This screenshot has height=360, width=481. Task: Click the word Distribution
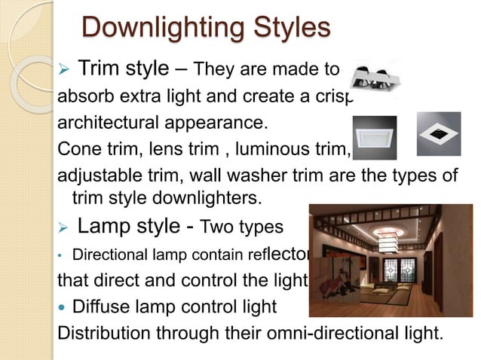pos(105,331)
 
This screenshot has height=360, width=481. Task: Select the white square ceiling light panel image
pos(374,136)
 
